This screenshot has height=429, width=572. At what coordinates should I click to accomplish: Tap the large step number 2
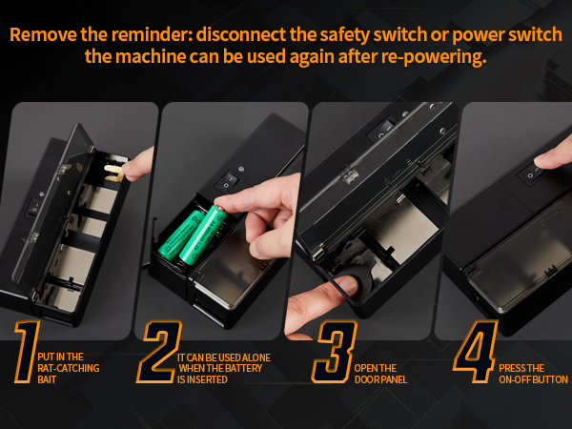(x=159, y=352)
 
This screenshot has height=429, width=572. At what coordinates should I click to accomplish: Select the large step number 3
(x=335, y=352)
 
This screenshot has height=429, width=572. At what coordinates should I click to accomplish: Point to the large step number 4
(x=476, y=352)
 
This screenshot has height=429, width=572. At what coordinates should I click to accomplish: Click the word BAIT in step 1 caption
(x=47, y=379)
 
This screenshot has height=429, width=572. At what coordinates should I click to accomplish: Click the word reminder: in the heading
(x=153, y=35)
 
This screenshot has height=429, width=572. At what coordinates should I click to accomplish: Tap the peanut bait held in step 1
(x=114, y=173)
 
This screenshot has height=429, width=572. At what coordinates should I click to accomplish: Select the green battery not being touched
(x=181, y=235)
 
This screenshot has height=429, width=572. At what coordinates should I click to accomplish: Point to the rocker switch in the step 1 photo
(x=34, y=208)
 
